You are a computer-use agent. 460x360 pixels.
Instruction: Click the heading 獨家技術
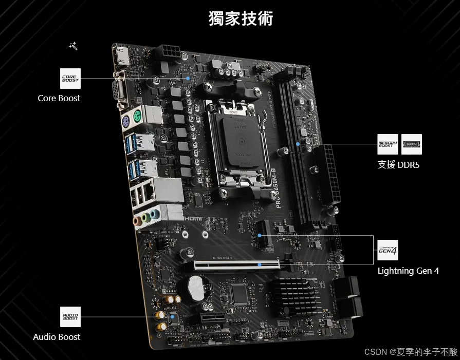coord(241,18)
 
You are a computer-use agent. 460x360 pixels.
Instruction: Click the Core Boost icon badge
coord(70,79)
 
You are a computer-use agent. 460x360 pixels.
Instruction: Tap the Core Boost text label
coord(59,98)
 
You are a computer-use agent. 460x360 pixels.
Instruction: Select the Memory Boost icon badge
coord(388,144)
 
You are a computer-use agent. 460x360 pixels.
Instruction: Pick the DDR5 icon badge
coord(411,144)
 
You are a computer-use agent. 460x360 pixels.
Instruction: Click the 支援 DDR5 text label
coord(399,164)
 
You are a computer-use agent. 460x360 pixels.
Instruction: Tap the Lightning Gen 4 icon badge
coord(388,250)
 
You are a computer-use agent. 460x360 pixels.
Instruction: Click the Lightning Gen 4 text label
coord(408,271)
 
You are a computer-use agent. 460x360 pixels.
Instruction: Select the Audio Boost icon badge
coord(70,317)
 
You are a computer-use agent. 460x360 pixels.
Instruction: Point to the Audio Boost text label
coord(57,337)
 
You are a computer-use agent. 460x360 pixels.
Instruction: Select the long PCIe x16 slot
coord(236,266)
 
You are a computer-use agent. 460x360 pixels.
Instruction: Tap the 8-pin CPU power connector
coord(168,52)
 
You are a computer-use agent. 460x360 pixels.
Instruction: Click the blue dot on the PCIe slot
coord(260,265)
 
